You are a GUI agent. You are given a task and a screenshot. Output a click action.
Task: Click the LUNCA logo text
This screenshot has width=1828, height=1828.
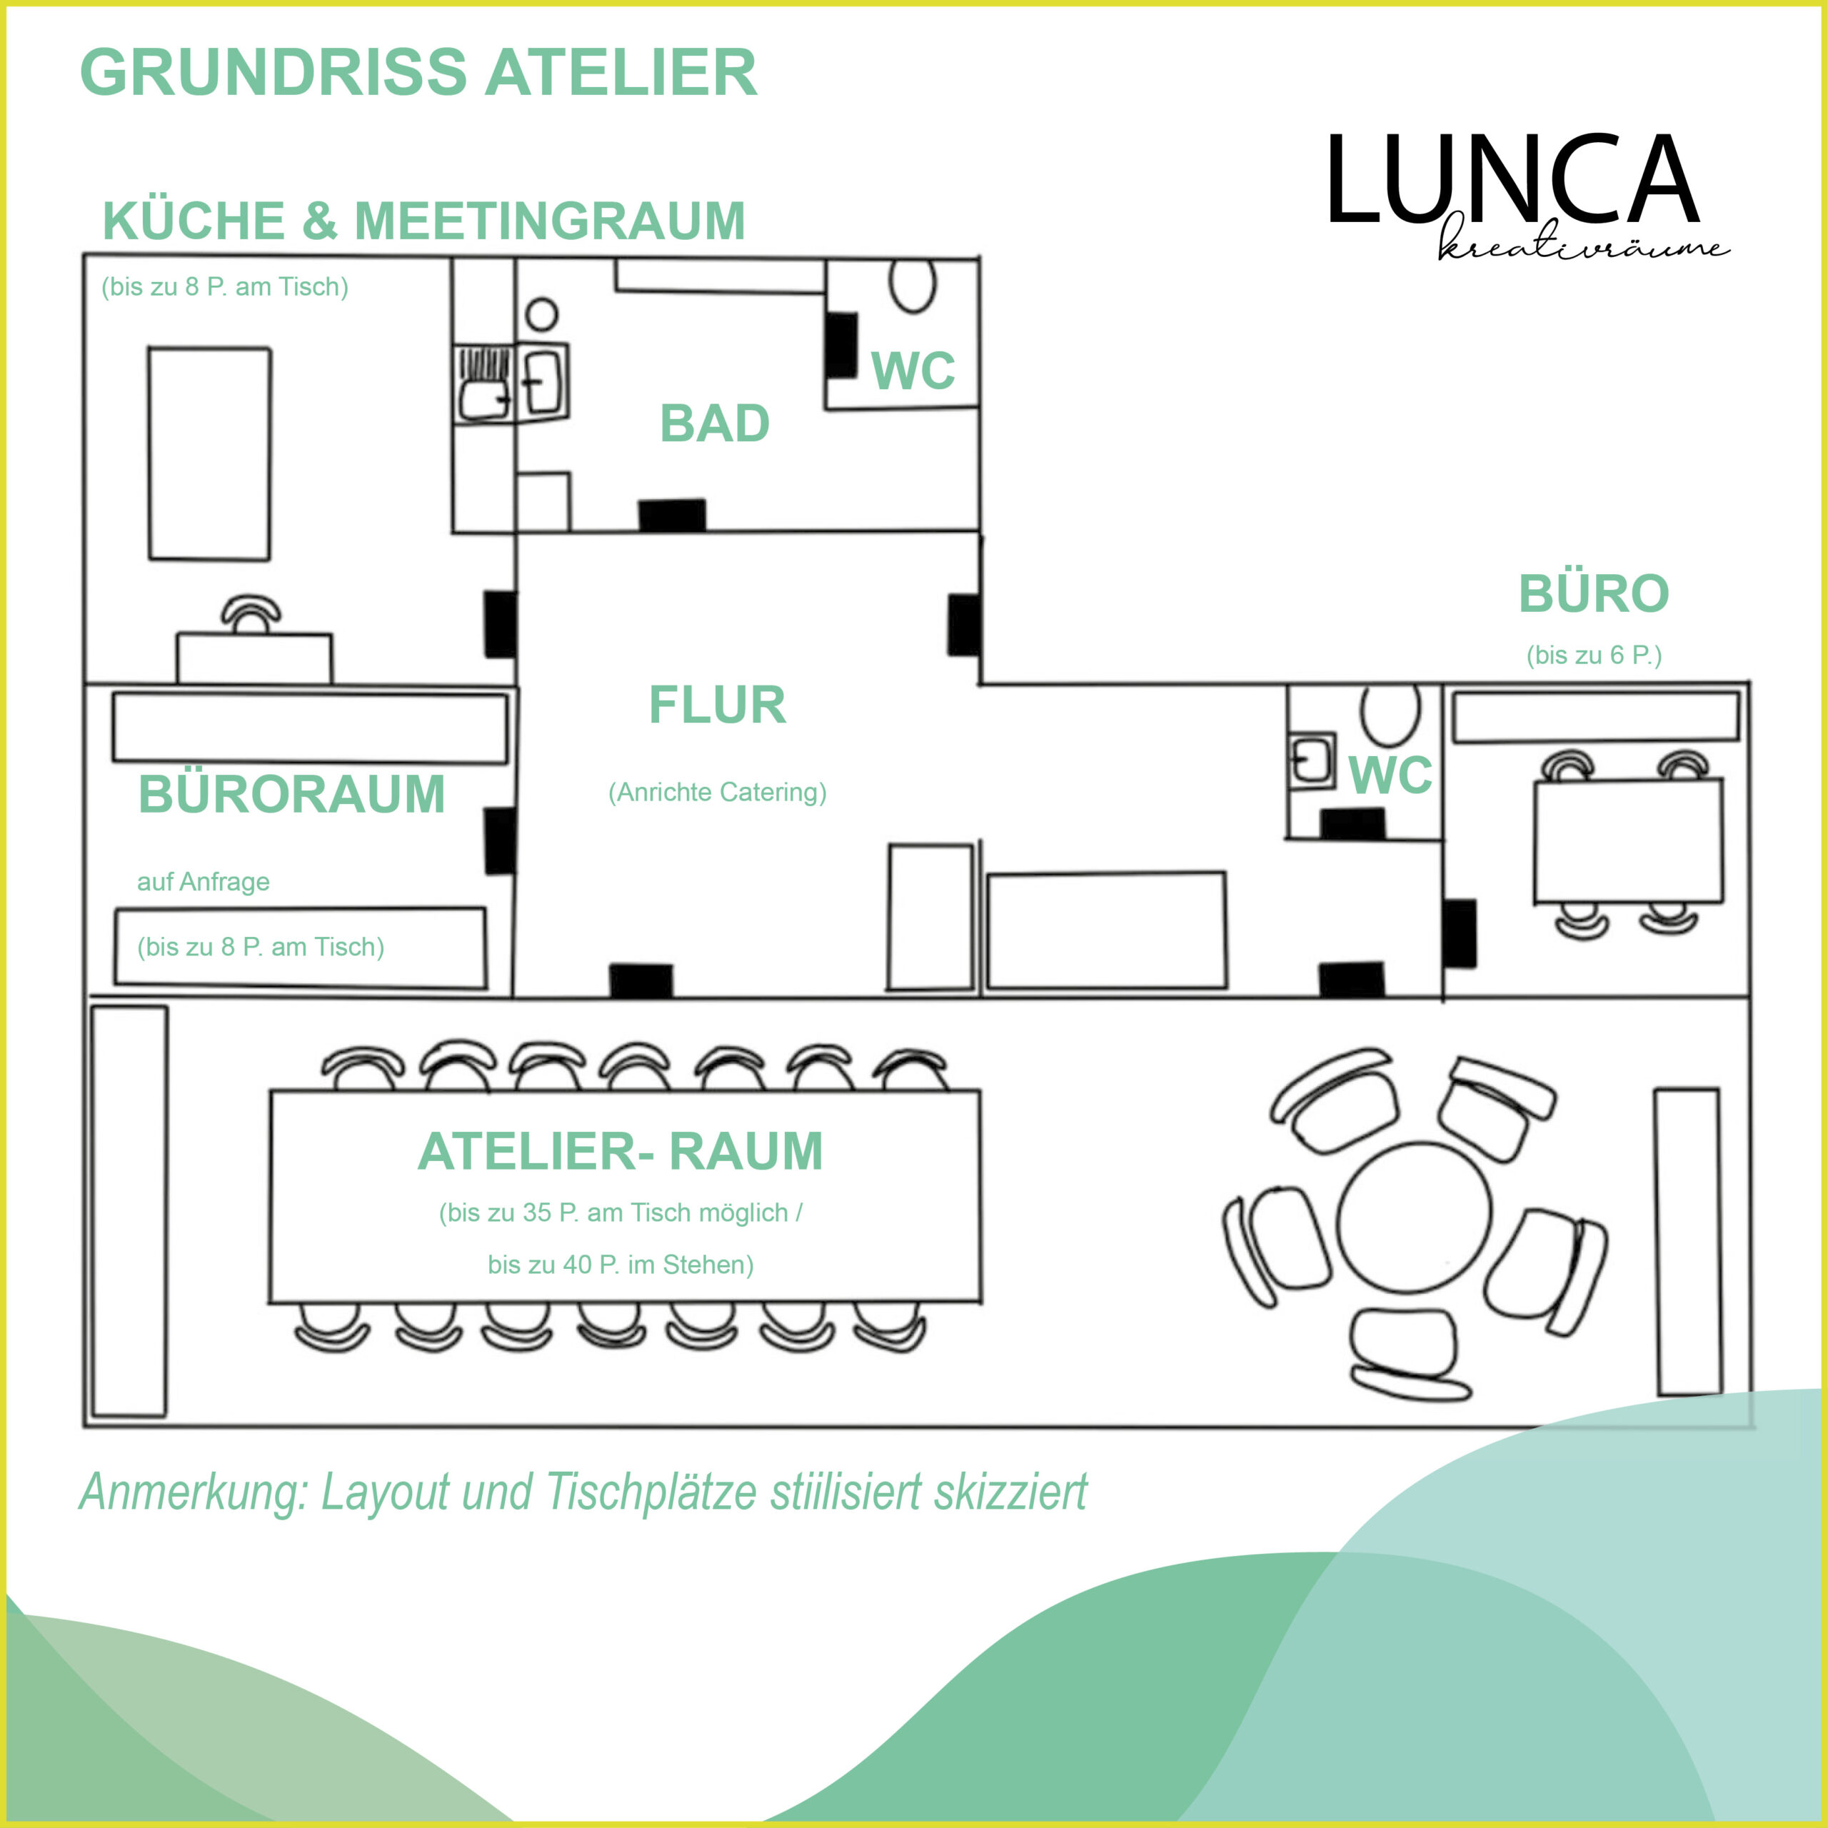(x=1512, y=181)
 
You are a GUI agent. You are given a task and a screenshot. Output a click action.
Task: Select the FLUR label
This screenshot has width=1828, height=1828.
(x=717, y=705)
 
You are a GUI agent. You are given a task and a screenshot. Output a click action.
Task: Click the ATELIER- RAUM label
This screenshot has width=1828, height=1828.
(x=620, y=1152)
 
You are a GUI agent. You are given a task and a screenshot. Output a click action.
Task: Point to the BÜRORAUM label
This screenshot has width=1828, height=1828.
(x=291, y=795)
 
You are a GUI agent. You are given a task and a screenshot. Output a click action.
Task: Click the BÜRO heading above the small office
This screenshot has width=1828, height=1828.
(x=1593, y=594)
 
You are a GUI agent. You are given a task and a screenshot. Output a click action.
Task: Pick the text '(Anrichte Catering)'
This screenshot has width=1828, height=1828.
(x=717, y=792)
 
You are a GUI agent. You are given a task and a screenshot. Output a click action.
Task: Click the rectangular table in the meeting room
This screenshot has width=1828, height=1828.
(x=209, y=453)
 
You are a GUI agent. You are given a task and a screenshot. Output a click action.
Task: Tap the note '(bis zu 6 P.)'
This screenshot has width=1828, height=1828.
(x=1593, y=655)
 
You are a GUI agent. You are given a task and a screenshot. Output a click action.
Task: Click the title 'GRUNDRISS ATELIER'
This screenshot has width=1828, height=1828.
(x=418, y=73)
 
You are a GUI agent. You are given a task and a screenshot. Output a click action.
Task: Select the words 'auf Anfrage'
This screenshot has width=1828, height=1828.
(x=204, y=882)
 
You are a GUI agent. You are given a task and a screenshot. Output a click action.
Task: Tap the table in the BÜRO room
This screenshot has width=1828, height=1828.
(x=1627, y=840)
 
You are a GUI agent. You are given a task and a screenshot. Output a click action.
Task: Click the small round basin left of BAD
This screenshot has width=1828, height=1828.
(x=541, y=315)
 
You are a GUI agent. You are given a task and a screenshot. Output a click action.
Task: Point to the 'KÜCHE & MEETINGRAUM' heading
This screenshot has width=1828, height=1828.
(x=423, y=221)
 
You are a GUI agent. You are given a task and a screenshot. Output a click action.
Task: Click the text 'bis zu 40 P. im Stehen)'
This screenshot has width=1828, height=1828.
(x=620, y=1265)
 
